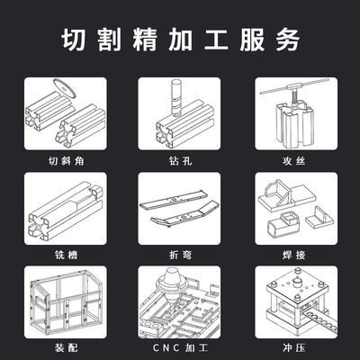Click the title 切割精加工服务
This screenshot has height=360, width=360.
(x=180, y=40)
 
